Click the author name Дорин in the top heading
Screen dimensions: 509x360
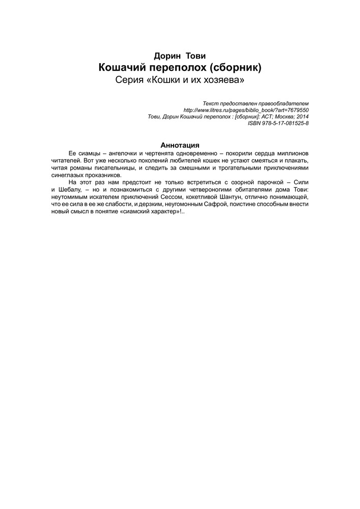(165, 56)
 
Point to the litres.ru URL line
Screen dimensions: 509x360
(246, 110)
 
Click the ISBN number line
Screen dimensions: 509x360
(279, 123)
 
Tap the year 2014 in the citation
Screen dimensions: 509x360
(300, 117)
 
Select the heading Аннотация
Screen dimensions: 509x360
(180, 144)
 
